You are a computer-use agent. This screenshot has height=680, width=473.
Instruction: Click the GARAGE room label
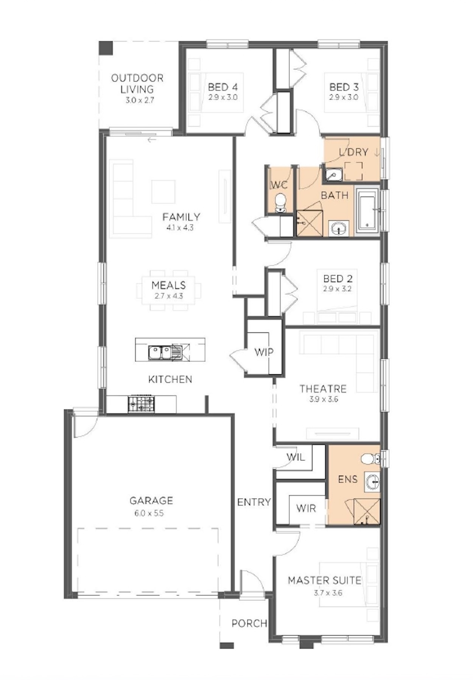(151, 501)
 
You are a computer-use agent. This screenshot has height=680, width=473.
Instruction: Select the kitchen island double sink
(160, 353)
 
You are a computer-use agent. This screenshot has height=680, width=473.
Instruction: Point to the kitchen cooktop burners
(142, 404)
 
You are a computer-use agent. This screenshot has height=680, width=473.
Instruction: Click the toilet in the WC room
(280, 203)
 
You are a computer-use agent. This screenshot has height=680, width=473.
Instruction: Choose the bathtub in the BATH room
(368, 211)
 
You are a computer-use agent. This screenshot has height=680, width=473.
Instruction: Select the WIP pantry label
(264, 352)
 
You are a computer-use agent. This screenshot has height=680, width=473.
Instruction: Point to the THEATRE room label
(323, 389)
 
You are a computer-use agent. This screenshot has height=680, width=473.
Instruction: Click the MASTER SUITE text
(325, 580)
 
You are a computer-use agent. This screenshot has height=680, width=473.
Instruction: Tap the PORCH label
(249, 623)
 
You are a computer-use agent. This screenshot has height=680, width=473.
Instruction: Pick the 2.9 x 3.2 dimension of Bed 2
(337, 289)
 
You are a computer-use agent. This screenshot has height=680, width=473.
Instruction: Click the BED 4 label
(223, 87)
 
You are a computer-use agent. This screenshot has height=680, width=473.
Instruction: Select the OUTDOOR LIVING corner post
(106, 48)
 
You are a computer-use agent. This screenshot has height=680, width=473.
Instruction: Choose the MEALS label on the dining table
(169, 285)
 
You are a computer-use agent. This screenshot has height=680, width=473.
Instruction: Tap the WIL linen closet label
(296, 457)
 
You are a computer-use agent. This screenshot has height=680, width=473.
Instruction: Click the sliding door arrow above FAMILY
(152, 140)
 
